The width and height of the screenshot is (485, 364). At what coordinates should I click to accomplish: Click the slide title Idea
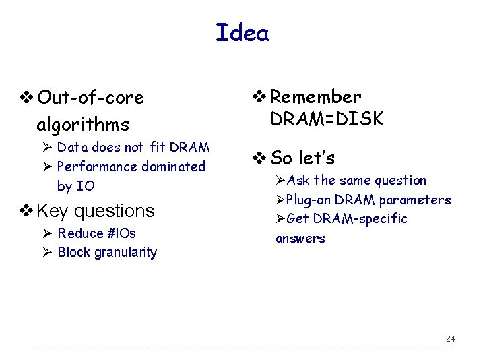[x=242, y=32]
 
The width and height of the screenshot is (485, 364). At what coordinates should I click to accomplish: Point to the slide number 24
[x=450, y=338]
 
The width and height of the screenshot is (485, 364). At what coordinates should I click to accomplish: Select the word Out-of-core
[x=91, y=98]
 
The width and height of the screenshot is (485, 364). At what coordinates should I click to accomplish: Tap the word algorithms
[x=83, y=125]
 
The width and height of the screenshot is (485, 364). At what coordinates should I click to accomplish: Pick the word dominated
[x=174, y=166]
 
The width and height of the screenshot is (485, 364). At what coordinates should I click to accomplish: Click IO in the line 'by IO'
[x=86, y=186]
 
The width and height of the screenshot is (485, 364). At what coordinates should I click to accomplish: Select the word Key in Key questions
[x=53, y=211]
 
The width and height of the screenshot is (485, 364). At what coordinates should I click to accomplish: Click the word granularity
[x=125, y=253]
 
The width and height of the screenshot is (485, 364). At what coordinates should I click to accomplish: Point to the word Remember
[x=316, y=98]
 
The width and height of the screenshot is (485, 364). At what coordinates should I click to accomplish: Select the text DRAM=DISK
[x=327, y=119]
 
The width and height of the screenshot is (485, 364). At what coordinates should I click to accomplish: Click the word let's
[x=317, y=158]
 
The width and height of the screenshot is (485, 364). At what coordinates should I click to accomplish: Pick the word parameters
[x=415, y=200]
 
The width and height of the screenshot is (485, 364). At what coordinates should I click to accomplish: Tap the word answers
[x=300, y=238]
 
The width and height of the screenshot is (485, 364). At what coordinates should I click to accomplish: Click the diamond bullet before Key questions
[x=28, y=211]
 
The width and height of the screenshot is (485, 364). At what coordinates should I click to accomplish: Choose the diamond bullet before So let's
[x=260, y=158]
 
